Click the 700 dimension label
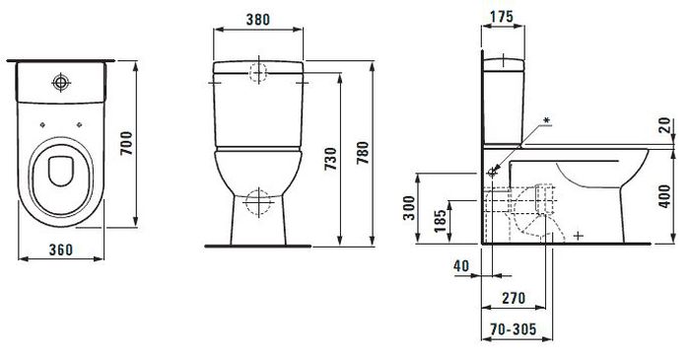tap(127, 143)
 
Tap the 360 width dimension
tap(61, 250)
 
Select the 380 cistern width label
tap(258, 20)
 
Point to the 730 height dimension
tap(331, 159)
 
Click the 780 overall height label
tap(363, 153)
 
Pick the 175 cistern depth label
tap(502, 17)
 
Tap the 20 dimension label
tap(665, 125)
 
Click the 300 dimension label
tap(409, 208)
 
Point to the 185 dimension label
tap(440, 221)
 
